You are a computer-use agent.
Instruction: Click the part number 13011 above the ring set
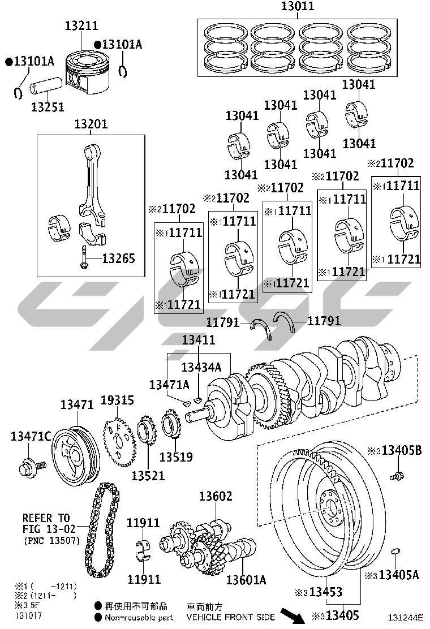[297, 6]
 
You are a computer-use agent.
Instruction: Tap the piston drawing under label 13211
[85, 72]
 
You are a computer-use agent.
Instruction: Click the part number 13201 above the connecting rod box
[91, 124]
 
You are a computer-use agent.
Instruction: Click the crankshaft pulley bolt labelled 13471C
[32, 467]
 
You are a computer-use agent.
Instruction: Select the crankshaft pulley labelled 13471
[76, 456]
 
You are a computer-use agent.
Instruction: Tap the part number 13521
[148, 476]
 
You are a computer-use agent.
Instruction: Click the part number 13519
[176, 457]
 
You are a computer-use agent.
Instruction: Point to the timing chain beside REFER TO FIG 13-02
[102, 530]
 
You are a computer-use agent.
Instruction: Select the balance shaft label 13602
[216, 497]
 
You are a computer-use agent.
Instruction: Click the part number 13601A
[246, 580]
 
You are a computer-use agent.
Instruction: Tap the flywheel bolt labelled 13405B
[397, 476]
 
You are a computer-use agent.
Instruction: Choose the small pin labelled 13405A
[396, 551]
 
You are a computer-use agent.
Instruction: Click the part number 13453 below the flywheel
[326, 592]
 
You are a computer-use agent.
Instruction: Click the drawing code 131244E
[406, 618]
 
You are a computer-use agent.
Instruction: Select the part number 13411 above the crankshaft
[199, 340]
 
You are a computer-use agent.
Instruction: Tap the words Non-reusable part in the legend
[139, 618]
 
